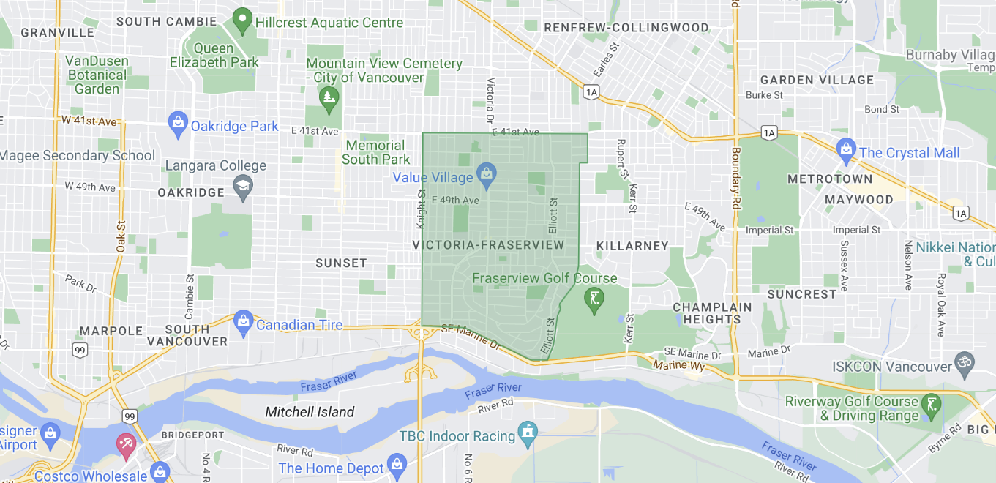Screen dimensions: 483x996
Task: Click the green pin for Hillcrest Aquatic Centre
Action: [x=242, y=20]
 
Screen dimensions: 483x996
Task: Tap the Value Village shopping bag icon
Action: [x=485, y=174]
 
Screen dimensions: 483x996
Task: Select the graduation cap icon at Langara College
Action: [x=242, y=188]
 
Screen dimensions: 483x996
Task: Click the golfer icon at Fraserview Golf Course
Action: [x=594, y=299]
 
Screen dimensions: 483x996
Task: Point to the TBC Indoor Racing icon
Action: [x=528, y=433]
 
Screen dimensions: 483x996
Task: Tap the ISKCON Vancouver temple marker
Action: [x=965, y=363]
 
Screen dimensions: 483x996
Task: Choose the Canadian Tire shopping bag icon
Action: [x=243, y=321]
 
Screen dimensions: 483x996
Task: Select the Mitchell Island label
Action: [x=310, y=412]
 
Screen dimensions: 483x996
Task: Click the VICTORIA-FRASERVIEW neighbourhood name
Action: [x=488, y=245]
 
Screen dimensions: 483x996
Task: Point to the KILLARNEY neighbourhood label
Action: [x=632, y=246]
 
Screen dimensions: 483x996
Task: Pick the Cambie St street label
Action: [x=190, y=296]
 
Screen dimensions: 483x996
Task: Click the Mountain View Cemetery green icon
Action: [x=328, y=95]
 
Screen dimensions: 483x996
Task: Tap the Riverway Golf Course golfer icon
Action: [x=932, y=405]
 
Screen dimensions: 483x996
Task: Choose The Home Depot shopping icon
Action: [x=397, y=464]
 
